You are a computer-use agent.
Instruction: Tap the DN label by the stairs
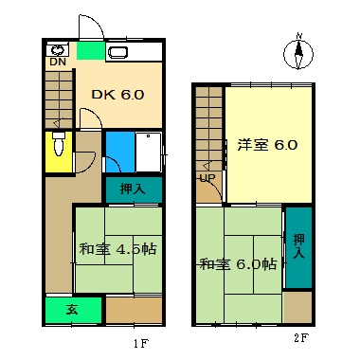coord(58,63)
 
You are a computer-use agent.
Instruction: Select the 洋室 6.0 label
coord(268,146)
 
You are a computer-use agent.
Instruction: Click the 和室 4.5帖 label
coord(117,249)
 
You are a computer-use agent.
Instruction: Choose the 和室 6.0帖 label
coord(239,264)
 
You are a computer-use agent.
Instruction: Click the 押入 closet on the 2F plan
coord(298,247)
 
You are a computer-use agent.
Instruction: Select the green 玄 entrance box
coord(73,310)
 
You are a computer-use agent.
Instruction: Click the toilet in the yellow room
coord(59,147)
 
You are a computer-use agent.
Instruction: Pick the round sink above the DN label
coord(58,49)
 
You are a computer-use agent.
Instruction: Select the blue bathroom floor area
coord(119,150)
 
